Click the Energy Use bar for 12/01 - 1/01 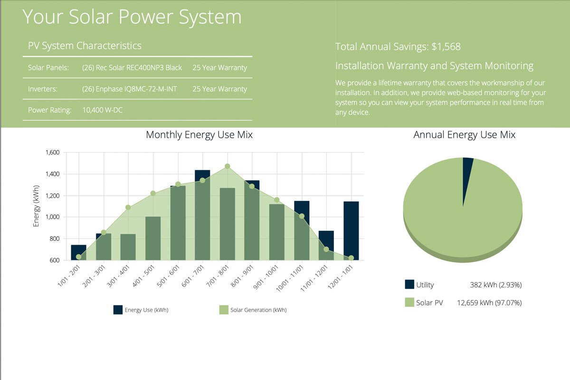pyautogui.click(x=351, y=230)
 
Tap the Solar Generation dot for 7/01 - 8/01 pyautogui.click(x=228, y=166)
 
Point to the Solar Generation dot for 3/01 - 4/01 pyautogui.click(x=128, y=208)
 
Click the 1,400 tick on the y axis pyautogui.click(x=52, y=174)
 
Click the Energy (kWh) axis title pyautogui.click(x=36, y=206)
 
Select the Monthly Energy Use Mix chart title pyautogui.click(x=199, y=135)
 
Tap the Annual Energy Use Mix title pyautogui.click(x=464, y=135)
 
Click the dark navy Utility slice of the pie pyautogui.click(x=467, y=166)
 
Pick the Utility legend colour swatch pyautogui.click(x=409, y=285)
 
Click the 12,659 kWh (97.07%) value pyautogui.click(x=489, y=303)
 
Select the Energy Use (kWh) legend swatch pyautogui.click(x=118, y=310)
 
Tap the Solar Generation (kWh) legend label pyautogui.click(x=258, y=310)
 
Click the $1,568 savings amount pyautogui.click(x=446, y=47)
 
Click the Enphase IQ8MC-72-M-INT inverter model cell pyautogui.click(x=129, y=89)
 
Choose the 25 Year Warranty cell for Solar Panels pyautogui.click(x=219, y=67)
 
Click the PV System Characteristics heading pyautogui.click(x=85, y=46)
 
